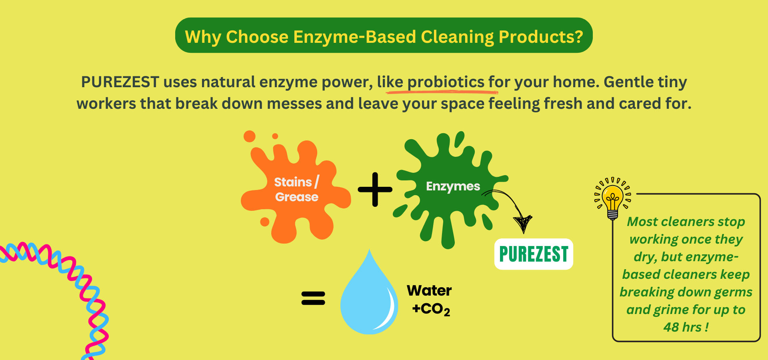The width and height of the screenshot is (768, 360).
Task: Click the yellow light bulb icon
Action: (x=612, y=198)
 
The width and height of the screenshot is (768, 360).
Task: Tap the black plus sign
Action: (x=375, y=190)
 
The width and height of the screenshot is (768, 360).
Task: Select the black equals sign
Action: (x=313, y=298)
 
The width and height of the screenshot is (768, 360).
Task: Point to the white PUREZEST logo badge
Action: (x=534, y=254)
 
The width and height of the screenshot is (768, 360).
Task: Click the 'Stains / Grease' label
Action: (x=297, y=189)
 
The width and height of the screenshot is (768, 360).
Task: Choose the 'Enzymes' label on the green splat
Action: (x=453, y=186)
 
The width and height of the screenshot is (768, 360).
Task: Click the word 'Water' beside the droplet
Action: (x=429, y=290)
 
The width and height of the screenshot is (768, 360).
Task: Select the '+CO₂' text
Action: (x=431, y=309)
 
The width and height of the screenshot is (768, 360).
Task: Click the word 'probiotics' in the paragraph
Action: (x=446, y=82)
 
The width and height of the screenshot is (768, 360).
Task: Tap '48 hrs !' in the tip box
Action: (x=686, y=327)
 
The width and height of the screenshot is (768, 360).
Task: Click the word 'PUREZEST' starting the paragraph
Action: (x=120, y=82)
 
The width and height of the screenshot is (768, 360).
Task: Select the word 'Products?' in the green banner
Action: (x=541, y=37)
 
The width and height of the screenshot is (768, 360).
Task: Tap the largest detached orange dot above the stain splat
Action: (x=250, y=136)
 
